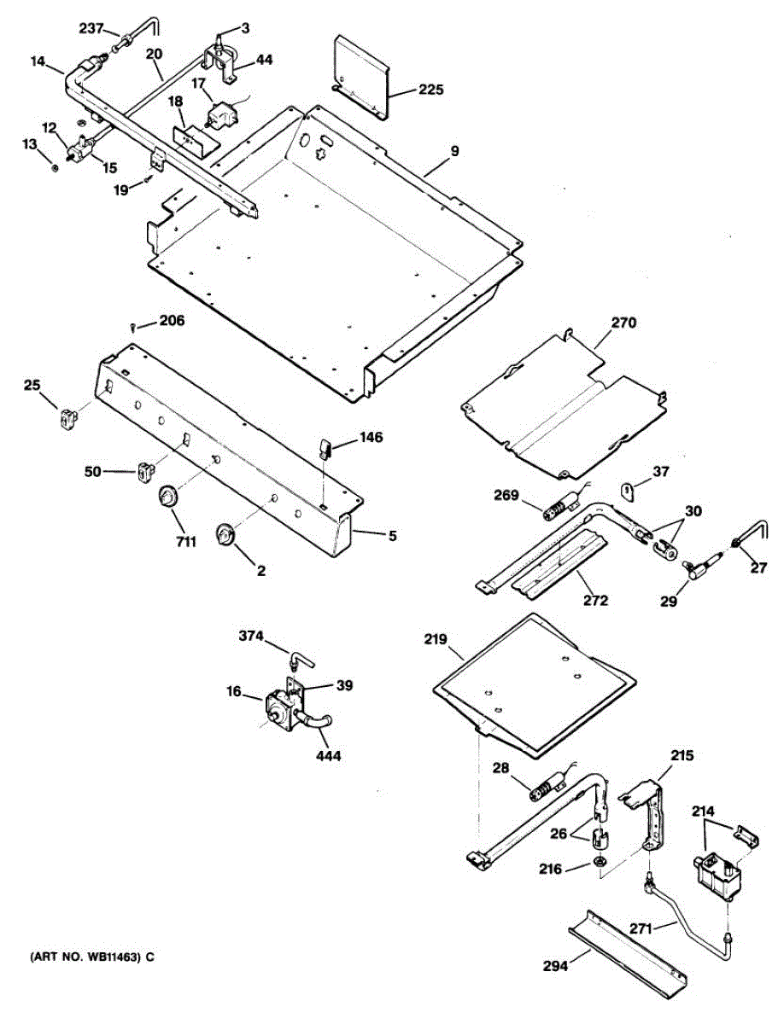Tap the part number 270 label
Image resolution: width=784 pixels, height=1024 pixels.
tap(623, 323)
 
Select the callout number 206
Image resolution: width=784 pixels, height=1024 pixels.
tap(172, 321)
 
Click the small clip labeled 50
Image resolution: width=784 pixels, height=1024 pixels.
tap(145, 469)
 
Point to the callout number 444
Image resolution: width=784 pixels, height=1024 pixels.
tap(330, 755)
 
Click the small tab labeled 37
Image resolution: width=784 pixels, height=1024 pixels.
tap(629, 491)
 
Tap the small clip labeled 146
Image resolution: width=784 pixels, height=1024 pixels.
tap(326, 447)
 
